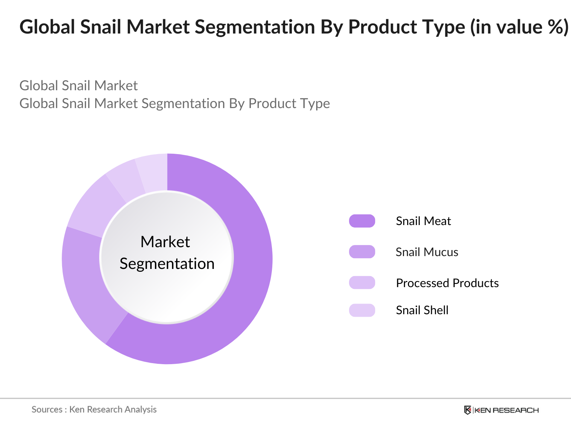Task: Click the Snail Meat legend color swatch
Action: [x=362, y=221]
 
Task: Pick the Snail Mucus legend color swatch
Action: [x=362, y=252]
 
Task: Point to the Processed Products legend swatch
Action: [x=362, y=282]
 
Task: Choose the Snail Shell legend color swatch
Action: [x=362, y=310]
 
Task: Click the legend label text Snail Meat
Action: [x=423, y=221]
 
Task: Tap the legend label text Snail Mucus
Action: [x=427, y=252]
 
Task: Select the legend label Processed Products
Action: [x=447, y=283]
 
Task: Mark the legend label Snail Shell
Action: [x=422, y=310]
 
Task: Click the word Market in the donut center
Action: [x=165, y=242]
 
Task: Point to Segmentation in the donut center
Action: [x=167, y=264]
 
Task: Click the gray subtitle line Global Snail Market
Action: [x=79, y=86]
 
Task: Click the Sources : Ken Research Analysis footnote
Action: [x=94, y=409]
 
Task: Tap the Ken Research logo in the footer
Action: [x=501, y=410]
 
